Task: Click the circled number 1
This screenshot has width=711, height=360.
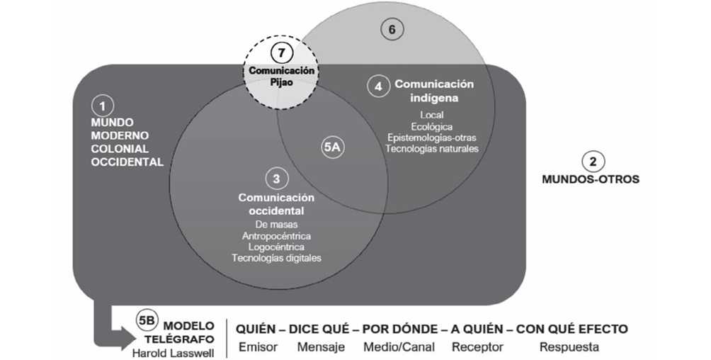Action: pos(102,106)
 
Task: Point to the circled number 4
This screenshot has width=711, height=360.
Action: pos(379,86)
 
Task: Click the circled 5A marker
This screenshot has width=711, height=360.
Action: pos(333,147)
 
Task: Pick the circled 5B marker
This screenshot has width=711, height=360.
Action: pos(146,321)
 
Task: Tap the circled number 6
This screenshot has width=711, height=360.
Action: pos(392,29)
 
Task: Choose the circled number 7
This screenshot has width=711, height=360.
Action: pos(282,53)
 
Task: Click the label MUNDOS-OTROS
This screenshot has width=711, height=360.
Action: pos(590,179)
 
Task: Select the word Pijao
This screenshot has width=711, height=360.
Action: pos(282,82)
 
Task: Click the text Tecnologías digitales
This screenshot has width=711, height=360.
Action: pos(276,258)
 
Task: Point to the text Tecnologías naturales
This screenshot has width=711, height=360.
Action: pos(431,148)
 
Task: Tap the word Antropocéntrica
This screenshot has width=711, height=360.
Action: pos(276,235)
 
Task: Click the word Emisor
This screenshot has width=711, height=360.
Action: pos(258,347)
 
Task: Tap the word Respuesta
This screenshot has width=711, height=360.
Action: pos(569,347)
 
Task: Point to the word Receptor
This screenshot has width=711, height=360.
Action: pos(477,347)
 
